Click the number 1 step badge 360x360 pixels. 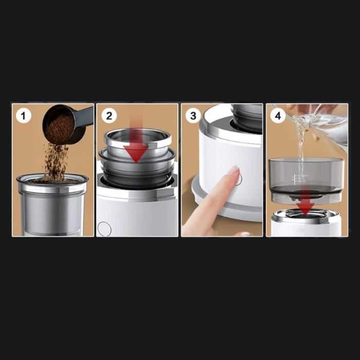(22, 115)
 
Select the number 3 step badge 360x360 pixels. (193, 115)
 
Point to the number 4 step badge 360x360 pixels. (278, 115)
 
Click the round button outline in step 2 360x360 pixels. (104, 228)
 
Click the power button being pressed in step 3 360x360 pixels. (238, 179)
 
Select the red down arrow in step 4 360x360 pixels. (307, 206)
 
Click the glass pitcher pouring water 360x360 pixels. (321, 121)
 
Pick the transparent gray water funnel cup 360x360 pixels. (306, 172)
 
